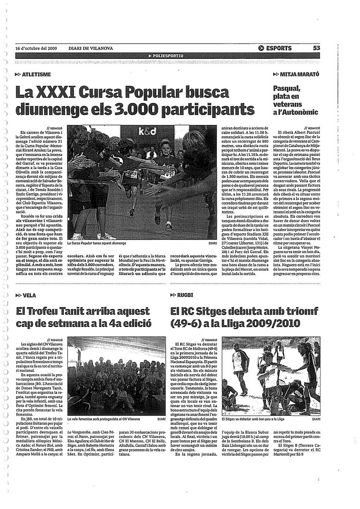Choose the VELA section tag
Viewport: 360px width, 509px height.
[x=28, y=295]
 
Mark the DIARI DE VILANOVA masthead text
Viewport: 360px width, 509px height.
[x=91, y=49]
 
